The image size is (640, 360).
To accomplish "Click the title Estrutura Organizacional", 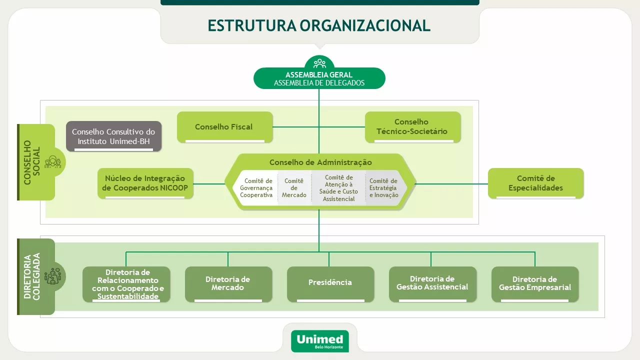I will [319, 25].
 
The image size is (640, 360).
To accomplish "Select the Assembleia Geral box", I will [319, 78].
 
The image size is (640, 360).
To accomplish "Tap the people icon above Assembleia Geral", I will [319, 63].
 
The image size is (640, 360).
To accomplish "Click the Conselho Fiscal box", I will [224, 127].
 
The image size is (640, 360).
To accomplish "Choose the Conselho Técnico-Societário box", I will [412, 126].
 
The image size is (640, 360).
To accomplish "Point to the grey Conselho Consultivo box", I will [114, 136].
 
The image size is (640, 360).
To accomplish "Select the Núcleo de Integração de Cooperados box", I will [145, 183].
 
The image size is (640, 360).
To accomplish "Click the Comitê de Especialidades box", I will [535, 183].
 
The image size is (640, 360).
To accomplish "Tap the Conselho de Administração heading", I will [320, 162].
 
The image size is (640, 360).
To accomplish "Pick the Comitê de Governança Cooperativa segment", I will [256, 188].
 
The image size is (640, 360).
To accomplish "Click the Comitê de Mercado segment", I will [294, 188].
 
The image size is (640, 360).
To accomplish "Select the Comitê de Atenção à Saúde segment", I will [338, 188].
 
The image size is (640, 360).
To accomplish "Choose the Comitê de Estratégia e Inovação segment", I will [383, 188].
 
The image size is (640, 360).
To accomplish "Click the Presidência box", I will [330, 283].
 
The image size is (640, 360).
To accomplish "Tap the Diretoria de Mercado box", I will [228, 283].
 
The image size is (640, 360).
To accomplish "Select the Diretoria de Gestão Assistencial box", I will [432, 283].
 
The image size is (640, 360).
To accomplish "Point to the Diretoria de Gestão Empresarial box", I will [534, 283].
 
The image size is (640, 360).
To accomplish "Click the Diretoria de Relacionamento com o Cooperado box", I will [127, 284].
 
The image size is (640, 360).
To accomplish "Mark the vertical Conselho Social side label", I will [32, 162].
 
